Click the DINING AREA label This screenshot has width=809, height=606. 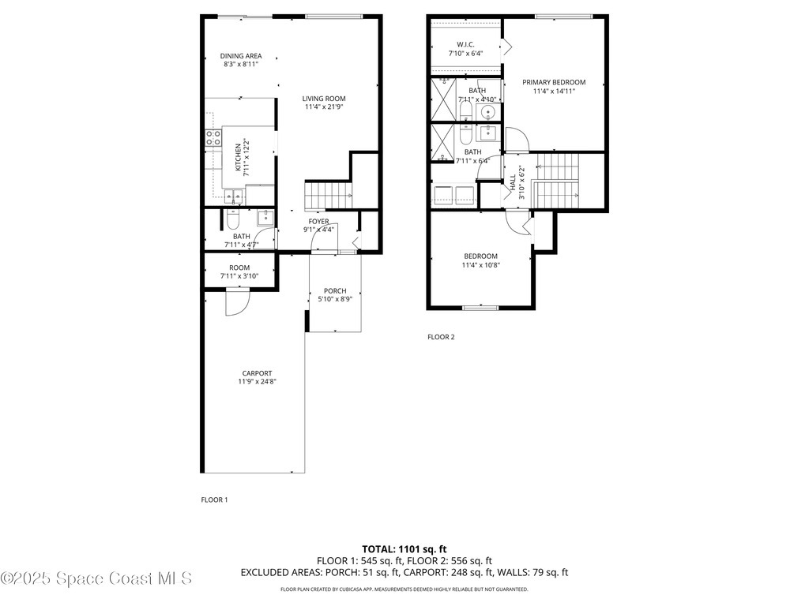(x=241, y=56)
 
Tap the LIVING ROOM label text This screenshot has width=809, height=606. (x=324, y=99)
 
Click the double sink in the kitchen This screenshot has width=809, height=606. (x=232, y=196)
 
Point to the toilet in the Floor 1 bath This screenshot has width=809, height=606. (x=232, y=217)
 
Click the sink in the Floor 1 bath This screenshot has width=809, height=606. (x=265, y=217)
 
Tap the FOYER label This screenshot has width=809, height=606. (x=319, y=222)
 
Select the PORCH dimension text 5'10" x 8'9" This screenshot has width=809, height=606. (x=334, y=299)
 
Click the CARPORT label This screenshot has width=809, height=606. (x=257, y=373)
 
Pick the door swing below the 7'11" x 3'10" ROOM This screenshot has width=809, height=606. (x=237, y=301)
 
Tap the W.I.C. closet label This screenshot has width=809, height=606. (x=465, y=44)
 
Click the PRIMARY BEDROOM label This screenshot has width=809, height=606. (x=553, y=82)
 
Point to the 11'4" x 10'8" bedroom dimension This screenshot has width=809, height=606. (x=480, y=264)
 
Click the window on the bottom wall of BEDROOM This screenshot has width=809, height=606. (x=480, y=307)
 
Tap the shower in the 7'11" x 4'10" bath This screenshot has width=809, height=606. (x=444, y=99)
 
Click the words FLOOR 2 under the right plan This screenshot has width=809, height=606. (x=441, y=337)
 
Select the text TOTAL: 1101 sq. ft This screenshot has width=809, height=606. (x=404, y=548)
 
